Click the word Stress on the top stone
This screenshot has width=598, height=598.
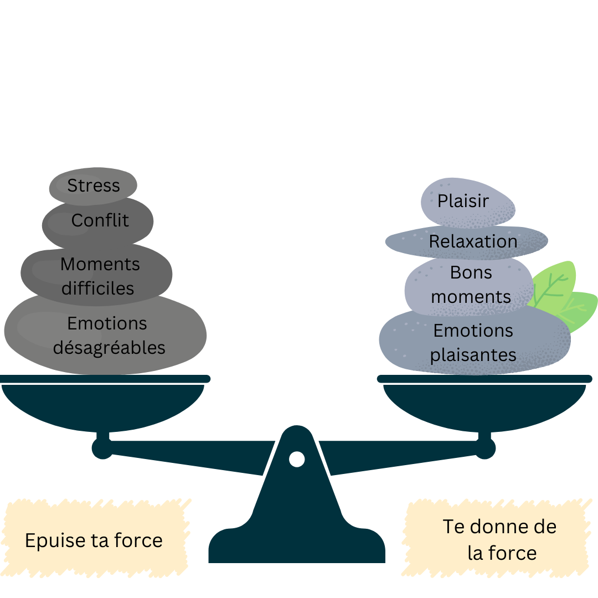[x=94, y=185]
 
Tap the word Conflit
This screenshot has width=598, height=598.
[x=100, y=220]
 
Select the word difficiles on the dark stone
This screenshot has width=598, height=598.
[x=97, y=288]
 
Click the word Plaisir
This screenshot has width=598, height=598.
[x=463, y=201]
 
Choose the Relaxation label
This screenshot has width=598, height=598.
[x=473, y=241]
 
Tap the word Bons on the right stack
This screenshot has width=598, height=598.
[x=471, y=272]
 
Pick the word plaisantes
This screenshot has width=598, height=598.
[x=473, y=355]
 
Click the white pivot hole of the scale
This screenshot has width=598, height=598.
[x=297, y=459]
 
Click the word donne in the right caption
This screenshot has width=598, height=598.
[x=494, y=527]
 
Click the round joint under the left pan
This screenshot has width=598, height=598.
[x=102, y=448]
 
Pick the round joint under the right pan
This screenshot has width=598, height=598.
[x=484, y=448]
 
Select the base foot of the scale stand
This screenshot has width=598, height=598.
[x=297, y=546]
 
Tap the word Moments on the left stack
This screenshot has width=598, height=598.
[x=100, y=264]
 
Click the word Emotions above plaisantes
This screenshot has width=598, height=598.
[x=473, y=331]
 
